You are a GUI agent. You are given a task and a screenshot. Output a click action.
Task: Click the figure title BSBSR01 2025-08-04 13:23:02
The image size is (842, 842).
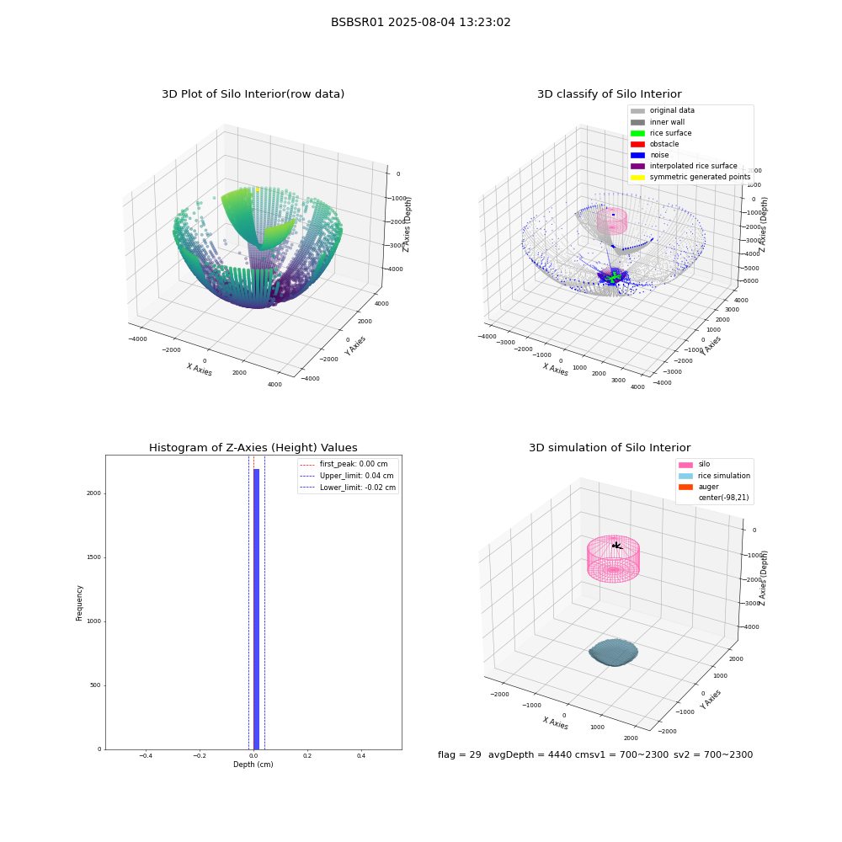(x=420, y=22)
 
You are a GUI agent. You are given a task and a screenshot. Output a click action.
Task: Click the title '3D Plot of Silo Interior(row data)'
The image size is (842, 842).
(x=253, y=94)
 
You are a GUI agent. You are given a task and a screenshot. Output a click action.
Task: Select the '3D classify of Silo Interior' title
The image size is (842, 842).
(x=610, y=94)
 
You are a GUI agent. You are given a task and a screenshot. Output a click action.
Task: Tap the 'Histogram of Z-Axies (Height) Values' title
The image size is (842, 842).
(x=253, y=447)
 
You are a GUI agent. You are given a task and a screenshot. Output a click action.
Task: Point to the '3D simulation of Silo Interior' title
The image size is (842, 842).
(x=610, y=447)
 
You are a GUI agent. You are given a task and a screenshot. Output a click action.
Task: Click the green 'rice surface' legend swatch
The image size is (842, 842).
(x=637, y=133)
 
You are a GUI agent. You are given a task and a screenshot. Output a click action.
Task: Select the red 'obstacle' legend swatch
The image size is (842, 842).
(x=637, y=144)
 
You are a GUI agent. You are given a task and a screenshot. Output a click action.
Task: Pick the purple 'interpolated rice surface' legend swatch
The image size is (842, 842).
(x=637, y=166)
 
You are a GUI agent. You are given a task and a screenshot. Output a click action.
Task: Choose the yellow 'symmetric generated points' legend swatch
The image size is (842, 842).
(x=637, y=177)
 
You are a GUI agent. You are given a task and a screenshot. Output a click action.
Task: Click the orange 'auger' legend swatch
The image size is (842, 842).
(x=685, y=487)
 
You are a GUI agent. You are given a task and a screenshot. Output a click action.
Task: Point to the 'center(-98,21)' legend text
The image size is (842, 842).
(x=723, y=498)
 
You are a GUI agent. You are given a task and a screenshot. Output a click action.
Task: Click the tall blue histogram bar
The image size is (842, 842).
(x=256, y=609)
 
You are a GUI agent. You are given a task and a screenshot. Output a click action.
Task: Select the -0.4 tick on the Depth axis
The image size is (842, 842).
(x=146, y=755)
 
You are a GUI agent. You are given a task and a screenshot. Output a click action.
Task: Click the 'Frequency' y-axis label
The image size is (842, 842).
(x=79, y=603)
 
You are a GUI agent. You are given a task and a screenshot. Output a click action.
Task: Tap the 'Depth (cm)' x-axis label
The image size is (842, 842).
(x=253, y=765)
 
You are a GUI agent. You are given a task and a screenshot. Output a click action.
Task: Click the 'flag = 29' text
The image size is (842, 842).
(x=460, y=754)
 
